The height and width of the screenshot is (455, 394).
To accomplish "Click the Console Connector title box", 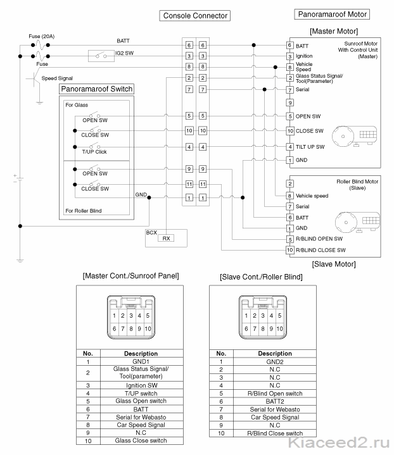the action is coord(195,16).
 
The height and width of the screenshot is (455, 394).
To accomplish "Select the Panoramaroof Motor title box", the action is coord(332,14).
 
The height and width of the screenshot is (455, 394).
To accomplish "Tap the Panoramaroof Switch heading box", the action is coord(97,89).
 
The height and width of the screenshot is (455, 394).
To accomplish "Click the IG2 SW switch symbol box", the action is coord(101,56).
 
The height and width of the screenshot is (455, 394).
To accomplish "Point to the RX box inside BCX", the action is coord(166,238).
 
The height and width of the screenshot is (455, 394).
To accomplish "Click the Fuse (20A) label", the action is coord(42,36).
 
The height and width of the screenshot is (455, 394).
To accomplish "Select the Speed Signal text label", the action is coord(57,78).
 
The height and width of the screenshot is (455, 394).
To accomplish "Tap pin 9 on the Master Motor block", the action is coord(289,103).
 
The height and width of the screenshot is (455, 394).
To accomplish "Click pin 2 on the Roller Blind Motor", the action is coord(289,184).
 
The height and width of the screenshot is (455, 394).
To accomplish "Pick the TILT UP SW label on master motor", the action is coord(310,147).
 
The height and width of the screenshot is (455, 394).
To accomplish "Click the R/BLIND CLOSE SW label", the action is coord(321,250).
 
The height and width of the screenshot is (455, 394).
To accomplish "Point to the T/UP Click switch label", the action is coord(94,152).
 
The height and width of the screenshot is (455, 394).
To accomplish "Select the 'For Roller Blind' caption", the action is coord(84,211).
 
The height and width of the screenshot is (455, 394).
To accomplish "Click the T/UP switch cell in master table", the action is coord(141,394).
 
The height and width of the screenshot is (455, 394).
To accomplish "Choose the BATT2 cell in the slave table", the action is coord(275,402).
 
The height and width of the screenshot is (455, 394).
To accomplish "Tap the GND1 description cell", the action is coord(141,361).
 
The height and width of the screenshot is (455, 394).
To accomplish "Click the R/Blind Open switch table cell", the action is coord(275,394).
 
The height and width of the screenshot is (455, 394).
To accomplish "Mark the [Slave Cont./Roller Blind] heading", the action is coord(261,277).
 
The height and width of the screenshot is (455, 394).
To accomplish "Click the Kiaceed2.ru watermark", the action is coord(339,443).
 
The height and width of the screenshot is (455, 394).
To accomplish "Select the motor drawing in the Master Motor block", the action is coord(355,137).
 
